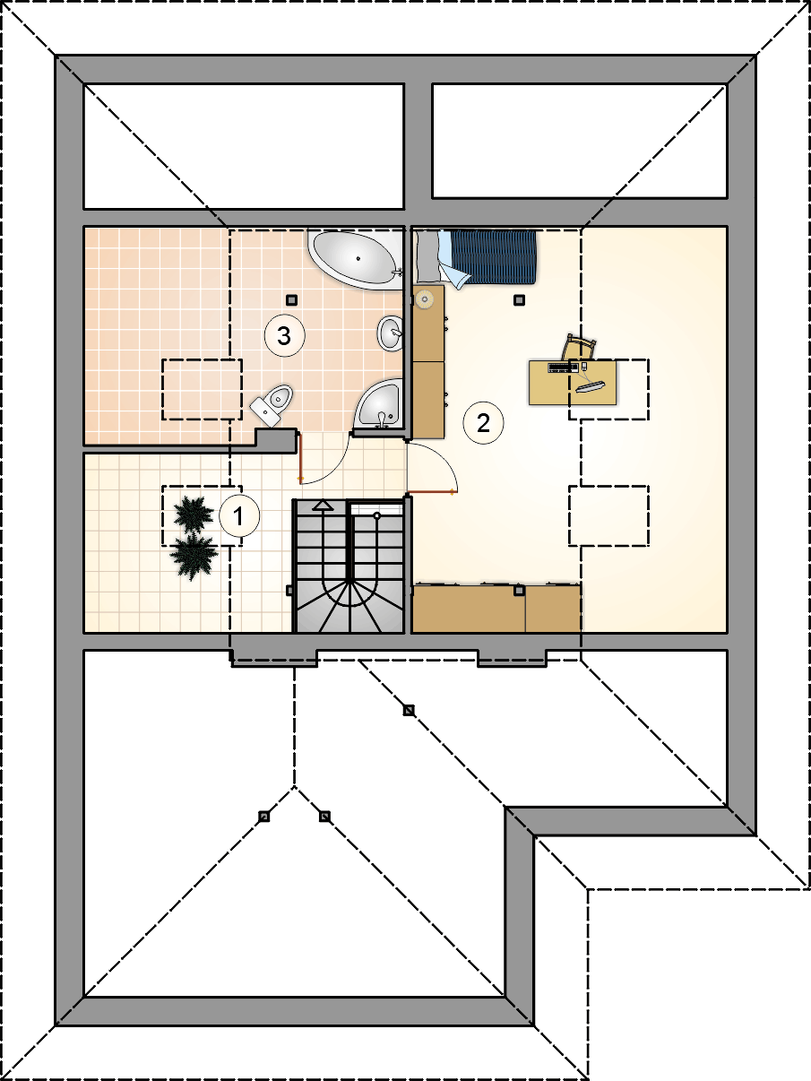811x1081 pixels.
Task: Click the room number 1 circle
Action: pos(238,516)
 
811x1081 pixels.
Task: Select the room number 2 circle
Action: pos(483,423)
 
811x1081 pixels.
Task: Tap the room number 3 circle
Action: pos(284,336)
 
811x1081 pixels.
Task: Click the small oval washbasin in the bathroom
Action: pos(391,333)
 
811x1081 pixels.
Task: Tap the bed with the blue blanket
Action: pos(476,257)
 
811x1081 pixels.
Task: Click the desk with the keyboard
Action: pos(573,383)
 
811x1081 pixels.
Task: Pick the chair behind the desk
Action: pos(579,348)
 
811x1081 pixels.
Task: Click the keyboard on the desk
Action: pos(563,368)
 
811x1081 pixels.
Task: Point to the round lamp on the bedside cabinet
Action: pos(424,298)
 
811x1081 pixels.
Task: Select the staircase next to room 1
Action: pos(349,566)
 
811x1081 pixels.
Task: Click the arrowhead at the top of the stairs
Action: pos(323,505)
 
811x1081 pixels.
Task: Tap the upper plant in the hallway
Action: pos(194,515)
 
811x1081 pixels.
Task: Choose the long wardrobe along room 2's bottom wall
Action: pos(496,609)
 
